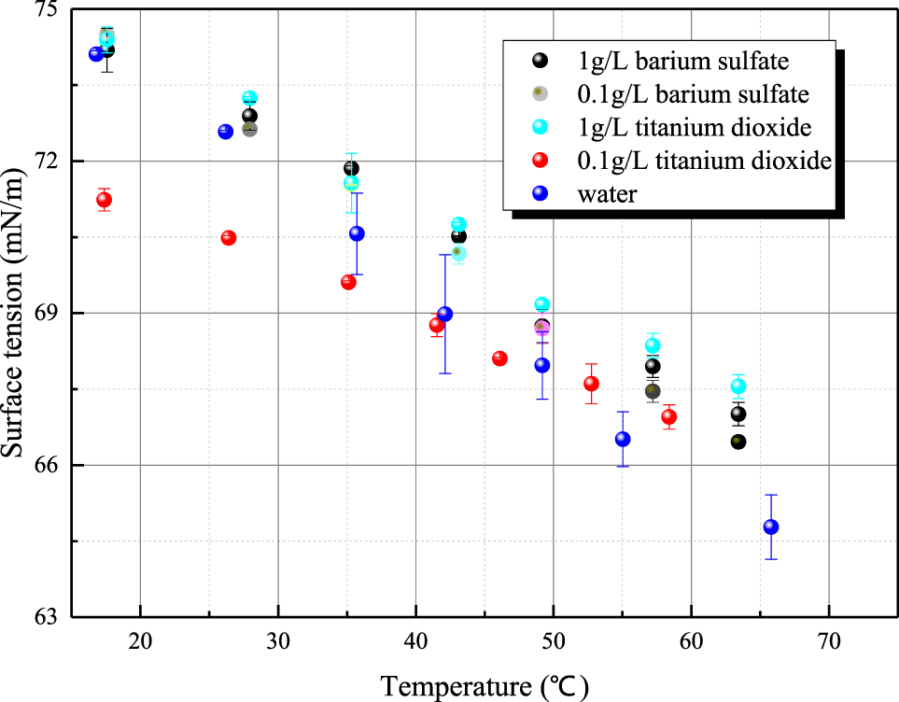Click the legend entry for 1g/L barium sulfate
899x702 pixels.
click(x=670, y=62)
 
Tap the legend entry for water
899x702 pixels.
click(x=607, y=194)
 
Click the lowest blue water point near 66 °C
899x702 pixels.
click(x=771, y=526)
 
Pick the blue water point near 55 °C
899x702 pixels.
click(x=623, y=439)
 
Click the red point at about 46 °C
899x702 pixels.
click(x=499, y=358)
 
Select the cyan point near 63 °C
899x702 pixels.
click(x=738, y=386)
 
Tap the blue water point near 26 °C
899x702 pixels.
click(x=225, y=132)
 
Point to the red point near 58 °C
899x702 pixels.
click(x=668, y=416)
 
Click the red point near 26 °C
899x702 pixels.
click(x=229, y=237)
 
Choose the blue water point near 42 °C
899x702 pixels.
click(x=445, y=314)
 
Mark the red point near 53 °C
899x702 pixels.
click(x=591, y=383)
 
